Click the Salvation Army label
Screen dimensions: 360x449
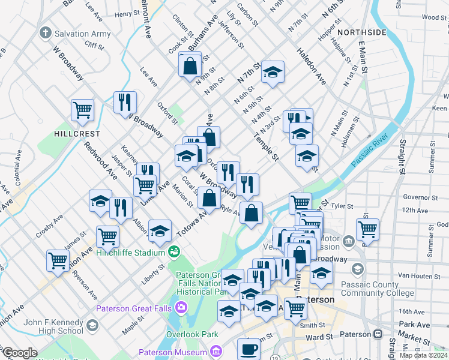click(83, 34)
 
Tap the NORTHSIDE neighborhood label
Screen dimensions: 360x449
click(361, 32)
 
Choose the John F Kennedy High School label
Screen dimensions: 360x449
click(54, 326)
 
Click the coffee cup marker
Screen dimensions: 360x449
click(249, 349)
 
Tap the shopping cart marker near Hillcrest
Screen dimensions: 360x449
click(82, 109)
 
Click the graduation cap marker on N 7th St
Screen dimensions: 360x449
click(273, 73)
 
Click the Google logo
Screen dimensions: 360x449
click(20, 353)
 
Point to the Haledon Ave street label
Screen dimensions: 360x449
click(310, 66)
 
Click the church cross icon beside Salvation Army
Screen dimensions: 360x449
click(44, 33)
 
